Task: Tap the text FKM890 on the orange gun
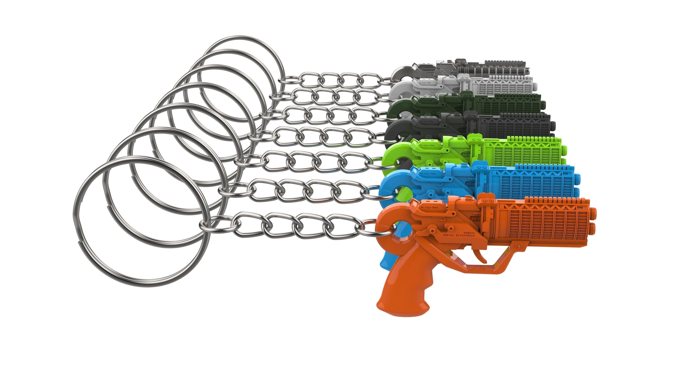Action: click(x=469, y=233)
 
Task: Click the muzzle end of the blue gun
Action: click(x=578, y=180)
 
